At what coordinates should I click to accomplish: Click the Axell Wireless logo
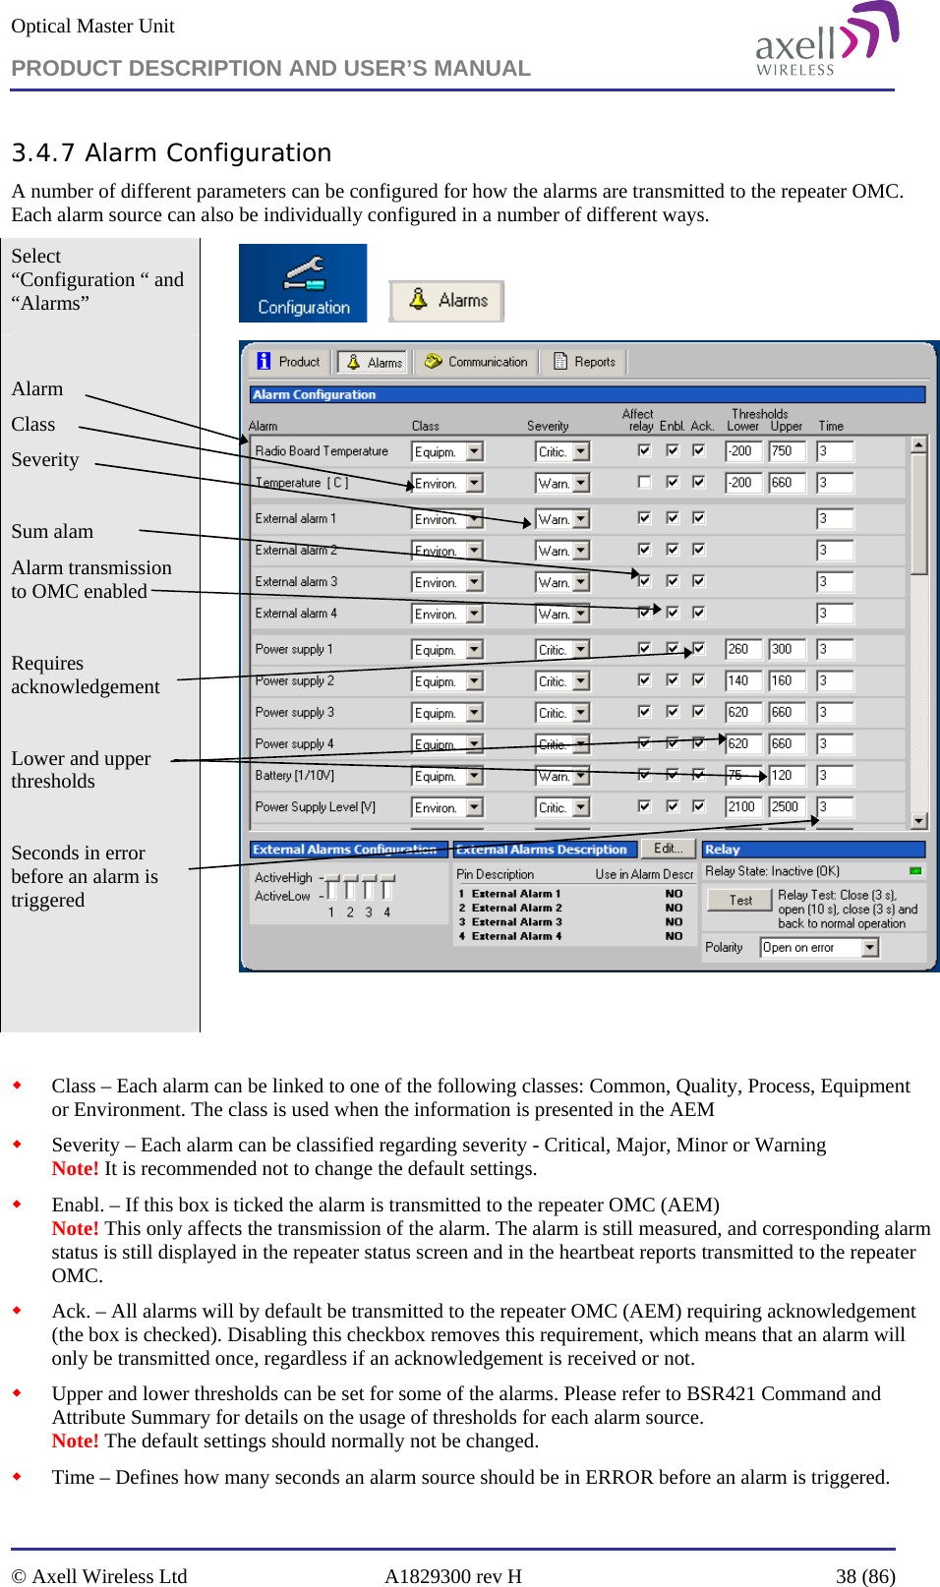click(826, 39)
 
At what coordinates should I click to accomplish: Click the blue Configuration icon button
click(303, 283)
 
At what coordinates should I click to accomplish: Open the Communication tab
click(476, 362)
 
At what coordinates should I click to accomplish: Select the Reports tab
click(585, 362)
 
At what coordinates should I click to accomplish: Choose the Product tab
click(289, 362)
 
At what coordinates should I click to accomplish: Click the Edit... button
click(668, 849)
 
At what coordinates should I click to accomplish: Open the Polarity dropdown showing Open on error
click(869, 948)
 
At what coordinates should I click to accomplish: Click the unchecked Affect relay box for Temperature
click(644, 482)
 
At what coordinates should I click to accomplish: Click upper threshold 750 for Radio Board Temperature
click(786, 451)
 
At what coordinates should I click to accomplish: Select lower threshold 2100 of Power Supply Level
click(742, 807)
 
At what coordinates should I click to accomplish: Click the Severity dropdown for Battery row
click(581, 777)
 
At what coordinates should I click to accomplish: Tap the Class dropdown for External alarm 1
click(474, 519)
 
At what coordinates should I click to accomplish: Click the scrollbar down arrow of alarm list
click(918, 820)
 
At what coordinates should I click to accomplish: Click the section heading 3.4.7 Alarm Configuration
click(171, 153)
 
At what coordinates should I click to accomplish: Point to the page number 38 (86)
click(865, 1576)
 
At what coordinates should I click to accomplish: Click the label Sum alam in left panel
click(52, 532)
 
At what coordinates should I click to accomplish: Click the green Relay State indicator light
click(915, 871)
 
